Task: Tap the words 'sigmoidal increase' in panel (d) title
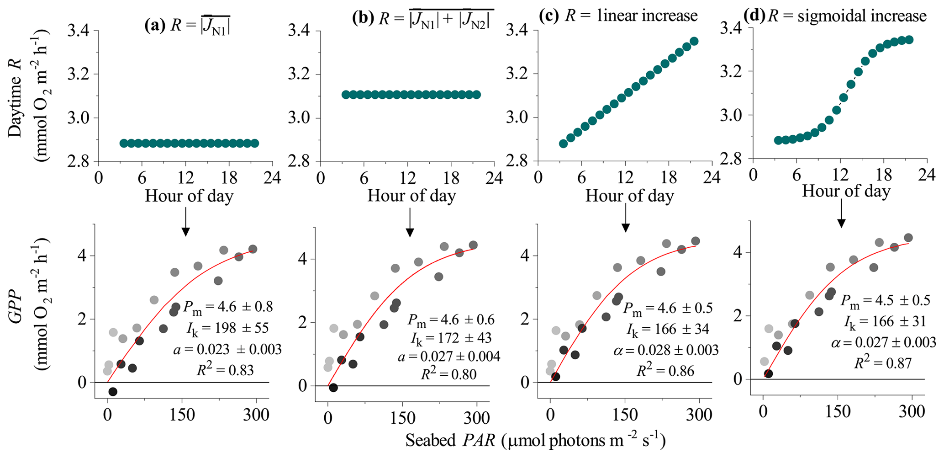click(x=862, y=16)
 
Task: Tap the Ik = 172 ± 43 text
click(x=451, y=338)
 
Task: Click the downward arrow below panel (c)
click(x=626, y=222)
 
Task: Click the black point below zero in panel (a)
click(x=113, y=392)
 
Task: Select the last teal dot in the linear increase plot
click(x=694, y=41)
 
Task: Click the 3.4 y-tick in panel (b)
click(x=298, y=31)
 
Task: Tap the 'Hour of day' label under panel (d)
click(x=846, y=191)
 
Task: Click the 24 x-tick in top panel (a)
click(x=273, y=178)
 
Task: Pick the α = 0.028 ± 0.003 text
click(x=666, y=350)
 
